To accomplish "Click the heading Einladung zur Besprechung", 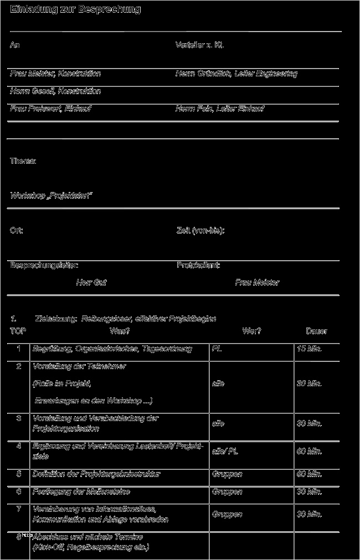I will (75, 9).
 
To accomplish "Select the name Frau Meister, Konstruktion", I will (55, 73).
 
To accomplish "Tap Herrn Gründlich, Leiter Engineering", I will (236, 73).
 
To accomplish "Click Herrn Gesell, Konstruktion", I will (55, 91).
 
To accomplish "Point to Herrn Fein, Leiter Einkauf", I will (220, 108).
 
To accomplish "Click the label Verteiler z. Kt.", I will (199, 45).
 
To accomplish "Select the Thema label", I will (23, 160).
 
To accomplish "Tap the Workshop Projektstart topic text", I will (51, 195).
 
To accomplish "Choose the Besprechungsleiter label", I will (40, 265).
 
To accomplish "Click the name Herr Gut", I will (91, 282).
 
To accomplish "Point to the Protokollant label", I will (198, 265).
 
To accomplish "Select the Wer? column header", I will (251, 331).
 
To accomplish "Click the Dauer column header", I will (316, 331).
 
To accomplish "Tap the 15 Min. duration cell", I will (309, 349).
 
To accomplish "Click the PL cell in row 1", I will (217, 349).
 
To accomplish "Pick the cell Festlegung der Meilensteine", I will (81, 491).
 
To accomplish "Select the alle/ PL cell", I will (225, 452).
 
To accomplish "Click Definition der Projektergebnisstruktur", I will (96, 474).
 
